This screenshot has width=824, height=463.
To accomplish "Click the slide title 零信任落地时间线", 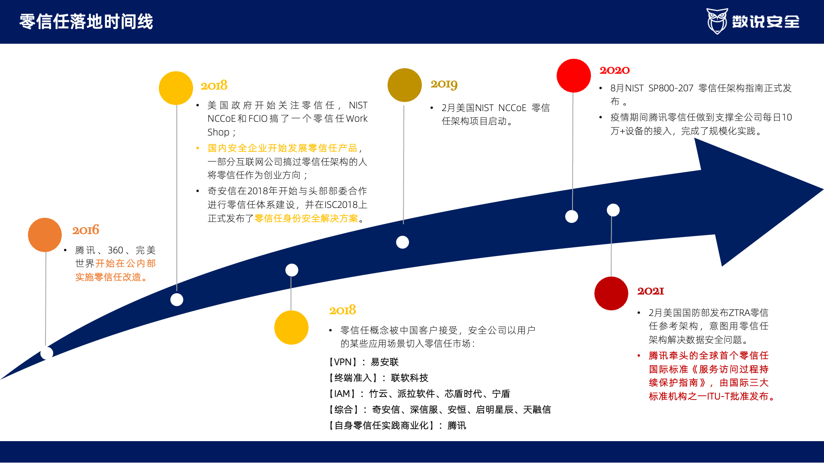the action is [x=86, y=21].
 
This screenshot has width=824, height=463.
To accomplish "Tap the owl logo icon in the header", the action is [x=717, y=21].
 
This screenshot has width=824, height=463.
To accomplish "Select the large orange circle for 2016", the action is [x=45, y=235].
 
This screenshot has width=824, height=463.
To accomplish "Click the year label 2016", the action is [x=85, y=230].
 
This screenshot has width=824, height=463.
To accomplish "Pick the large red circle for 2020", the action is [x=574, y=75].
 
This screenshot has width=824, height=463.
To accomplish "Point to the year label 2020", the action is [x=615, y=70].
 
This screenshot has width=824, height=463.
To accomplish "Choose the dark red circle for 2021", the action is [x=612, y=294].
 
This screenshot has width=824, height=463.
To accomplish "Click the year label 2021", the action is [x=651, y=291].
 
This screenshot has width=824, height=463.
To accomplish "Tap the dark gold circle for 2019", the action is [x=405, y=85].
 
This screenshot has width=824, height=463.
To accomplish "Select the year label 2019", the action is [x=444, y=84].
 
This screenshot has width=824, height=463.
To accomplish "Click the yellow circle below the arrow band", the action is [x=291, y=328].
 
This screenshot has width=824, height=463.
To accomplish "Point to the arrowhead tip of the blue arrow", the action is [x=823, y=189].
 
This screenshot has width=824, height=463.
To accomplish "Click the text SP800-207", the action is [x=671, y=88].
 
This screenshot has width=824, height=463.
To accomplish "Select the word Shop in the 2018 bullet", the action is [x=218, y=132].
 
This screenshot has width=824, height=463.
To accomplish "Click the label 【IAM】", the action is [x=342, y=394].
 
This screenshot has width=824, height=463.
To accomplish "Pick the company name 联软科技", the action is [x=410, y=378].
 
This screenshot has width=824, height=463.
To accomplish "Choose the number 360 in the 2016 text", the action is [x=115, y=250].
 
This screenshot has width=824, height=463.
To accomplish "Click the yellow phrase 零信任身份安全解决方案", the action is [x=306, y=218].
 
